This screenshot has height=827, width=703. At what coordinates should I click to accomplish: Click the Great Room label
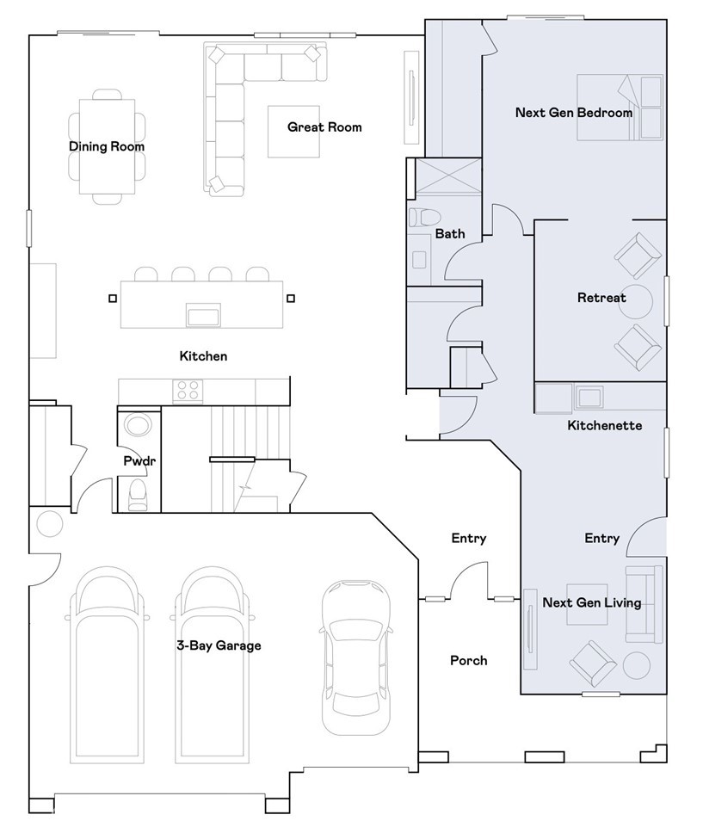(x=324, y=127)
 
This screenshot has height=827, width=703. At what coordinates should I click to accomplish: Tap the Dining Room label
(x=107, y=146)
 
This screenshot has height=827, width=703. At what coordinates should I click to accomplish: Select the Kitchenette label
(x=604, y=426)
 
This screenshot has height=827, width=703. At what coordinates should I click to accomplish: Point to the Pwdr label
(x=139, y=461)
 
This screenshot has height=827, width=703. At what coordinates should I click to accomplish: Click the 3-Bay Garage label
(x=219, y=645)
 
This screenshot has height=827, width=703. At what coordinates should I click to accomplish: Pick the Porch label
(x=468, y=660)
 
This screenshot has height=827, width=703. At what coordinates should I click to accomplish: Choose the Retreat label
(x=601, y=298)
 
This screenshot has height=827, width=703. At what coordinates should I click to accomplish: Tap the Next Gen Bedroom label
(x=574, y=113)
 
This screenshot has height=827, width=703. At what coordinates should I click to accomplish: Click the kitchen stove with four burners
(x=188, y=392)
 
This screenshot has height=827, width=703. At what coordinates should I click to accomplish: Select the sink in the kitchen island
(x=203, y=316)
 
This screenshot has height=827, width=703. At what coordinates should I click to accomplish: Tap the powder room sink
(x=139, y=424)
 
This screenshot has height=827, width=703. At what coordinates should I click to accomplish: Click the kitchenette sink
(x=589, y=398)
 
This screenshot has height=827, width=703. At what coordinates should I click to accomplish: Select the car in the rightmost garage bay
(x=356, y=657)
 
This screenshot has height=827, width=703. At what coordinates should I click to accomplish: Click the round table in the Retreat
(x=635, y=302)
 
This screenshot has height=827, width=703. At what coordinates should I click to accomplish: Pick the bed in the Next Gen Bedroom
(x=620, y=108)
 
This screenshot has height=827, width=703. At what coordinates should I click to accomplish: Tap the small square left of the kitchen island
(x=113, y=299)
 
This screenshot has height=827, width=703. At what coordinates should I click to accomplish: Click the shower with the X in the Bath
(x=448, y=176)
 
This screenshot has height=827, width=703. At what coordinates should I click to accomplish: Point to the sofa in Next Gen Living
(x=644, y=604)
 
